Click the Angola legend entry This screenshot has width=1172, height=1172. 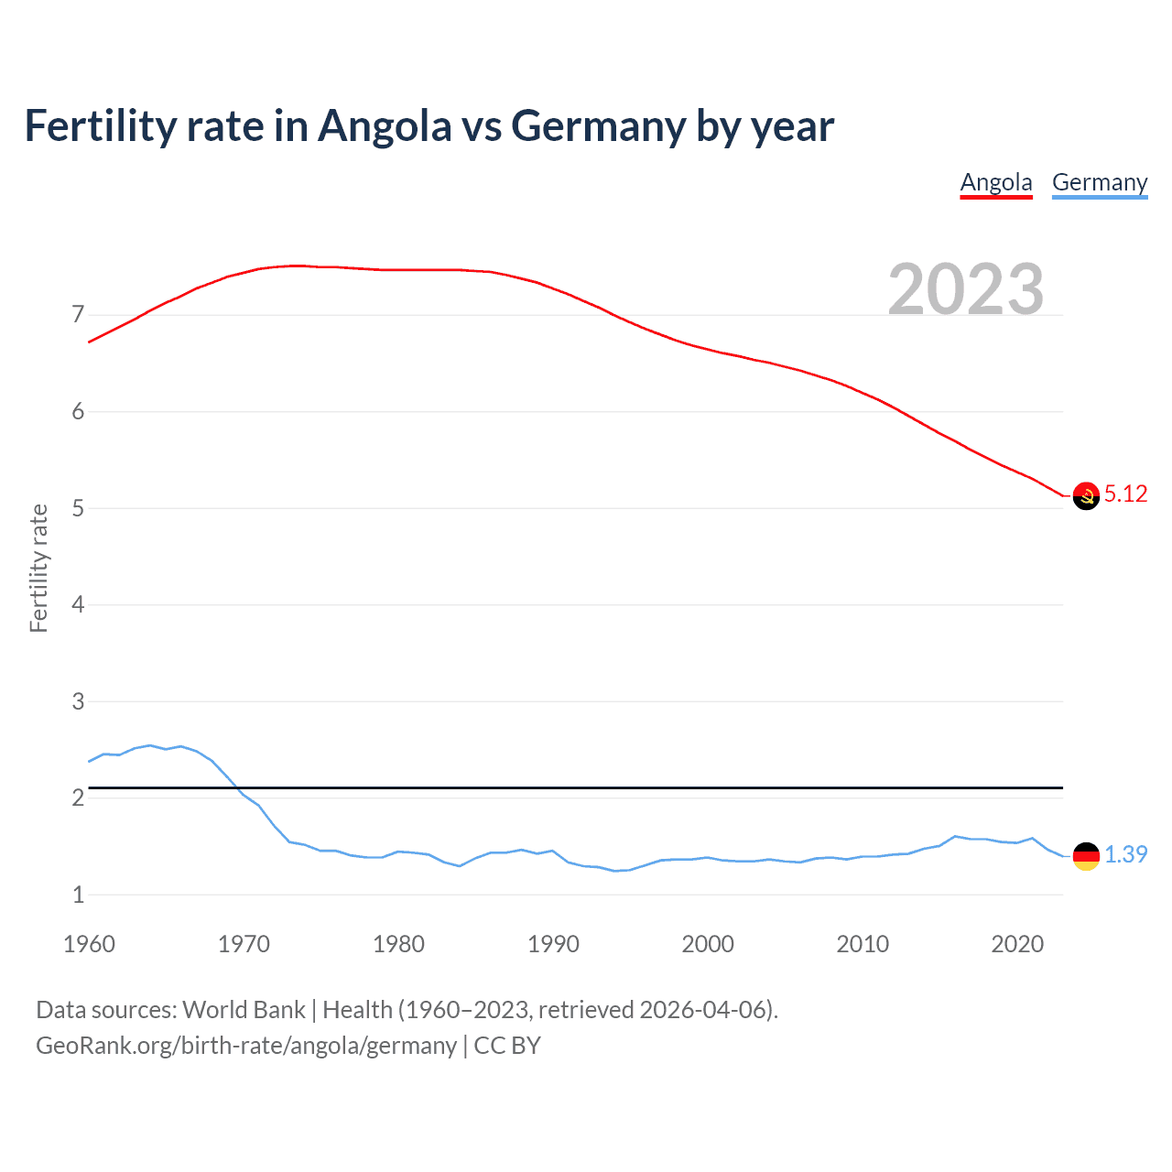point(996,182)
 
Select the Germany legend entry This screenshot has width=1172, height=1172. point(1099,182)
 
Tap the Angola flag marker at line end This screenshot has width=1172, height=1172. point(1086,495)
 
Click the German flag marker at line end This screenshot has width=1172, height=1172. point(1086,856)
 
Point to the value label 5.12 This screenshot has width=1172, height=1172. point(1125,494)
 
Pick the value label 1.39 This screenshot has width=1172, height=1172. point(1125,854)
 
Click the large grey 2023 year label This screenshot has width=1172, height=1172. point(965,289)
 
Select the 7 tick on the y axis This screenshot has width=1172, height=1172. point(78,315)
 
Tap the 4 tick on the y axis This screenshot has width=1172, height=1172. point(78,604)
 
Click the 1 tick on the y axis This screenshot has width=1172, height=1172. point(78,895)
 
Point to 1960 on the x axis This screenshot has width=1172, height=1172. point(89,944)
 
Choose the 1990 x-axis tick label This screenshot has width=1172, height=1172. point(553,944)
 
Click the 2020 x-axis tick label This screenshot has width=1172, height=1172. point(1017,944)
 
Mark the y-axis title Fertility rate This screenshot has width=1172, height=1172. point(38,568)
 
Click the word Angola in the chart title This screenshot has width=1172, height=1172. point(385,125)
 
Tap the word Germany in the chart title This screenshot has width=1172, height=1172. point(598,125)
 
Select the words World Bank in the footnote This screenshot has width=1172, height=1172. point(244,1010)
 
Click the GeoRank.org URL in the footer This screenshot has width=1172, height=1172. point(245,1046)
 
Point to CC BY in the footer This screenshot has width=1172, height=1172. point(507,1046)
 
